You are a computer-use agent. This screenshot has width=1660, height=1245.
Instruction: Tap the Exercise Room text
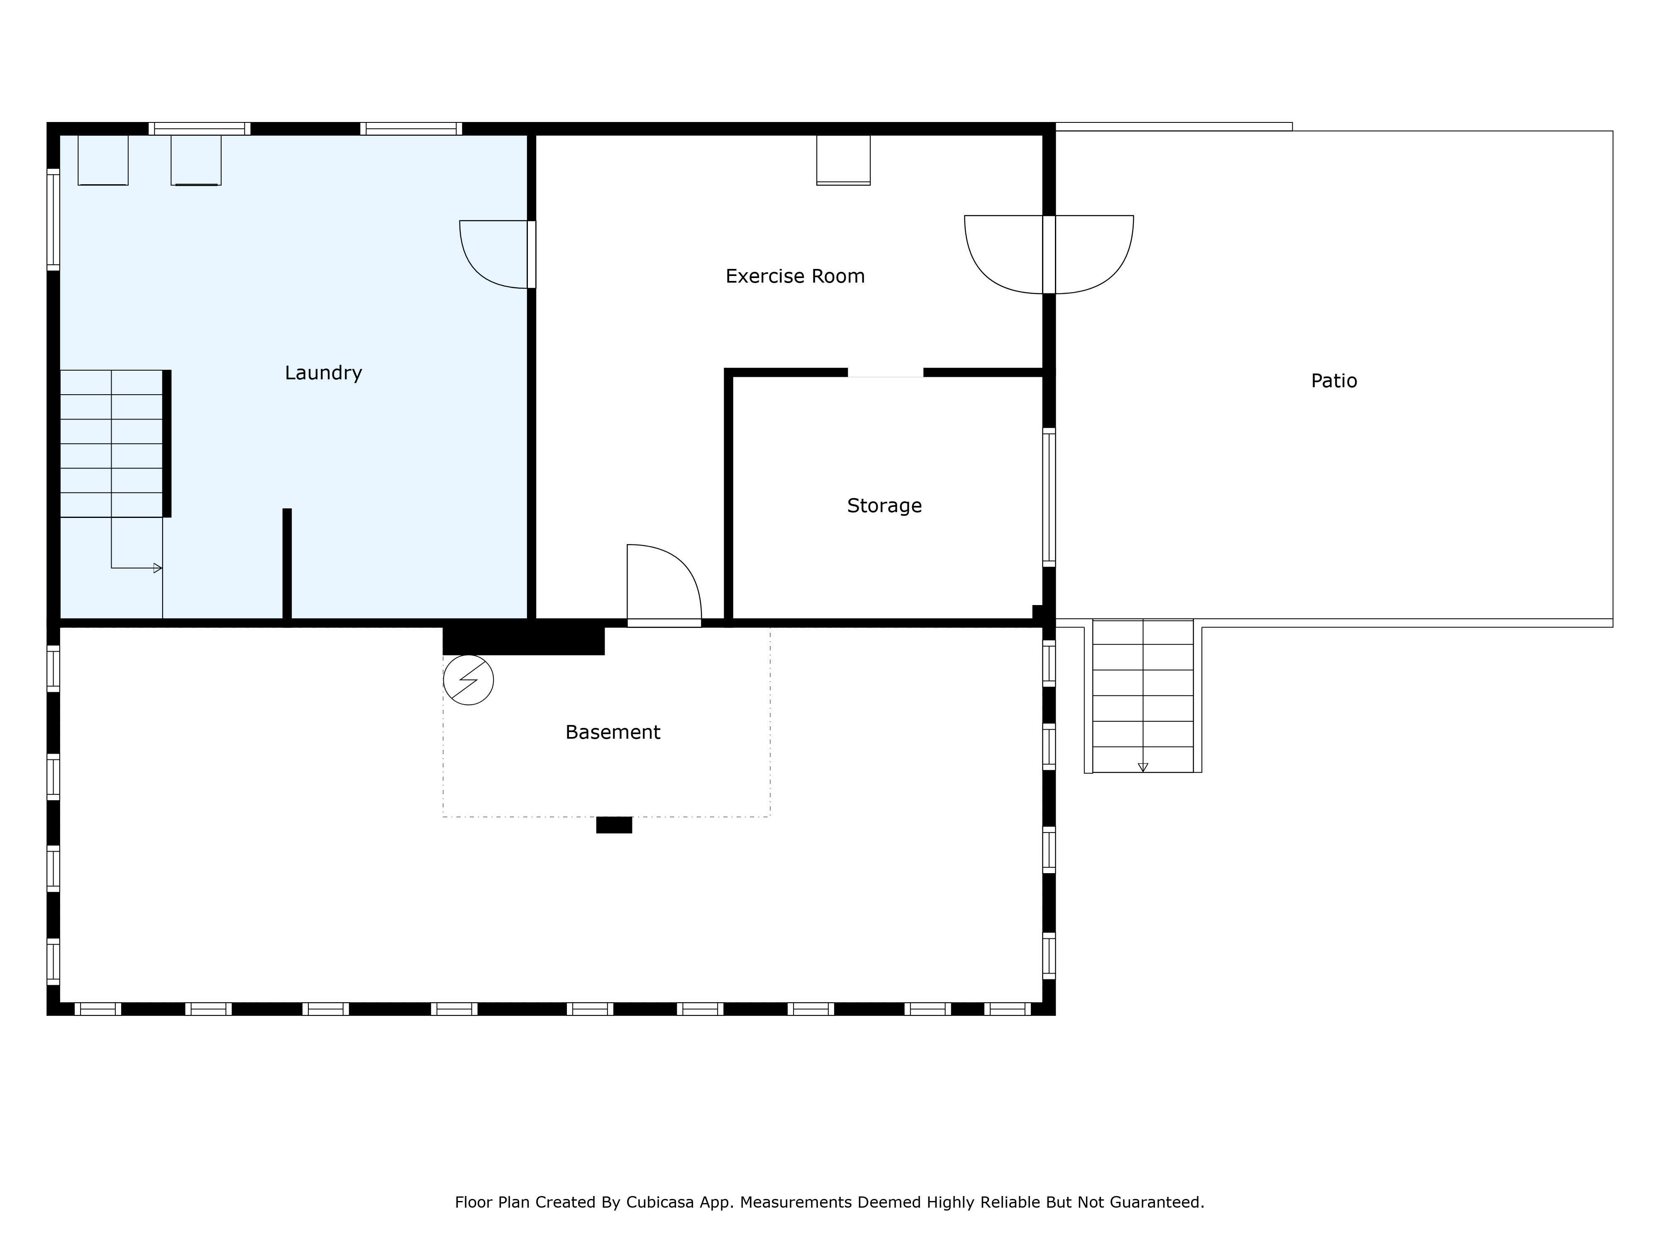pos(795,276)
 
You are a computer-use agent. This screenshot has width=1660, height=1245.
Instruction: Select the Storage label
pos(884,506)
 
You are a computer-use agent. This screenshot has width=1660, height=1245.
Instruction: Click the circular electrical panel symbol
pos(468,680)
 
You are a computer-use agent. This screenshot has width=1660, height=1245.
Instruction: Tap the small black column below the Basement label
pos(614,825)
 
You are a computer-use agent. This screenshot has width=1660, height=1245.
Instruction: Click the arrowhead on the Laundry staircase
pos(158,568)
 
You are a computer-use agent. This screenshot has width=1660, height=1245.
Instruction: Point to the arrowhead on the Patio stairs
pos(1143,767)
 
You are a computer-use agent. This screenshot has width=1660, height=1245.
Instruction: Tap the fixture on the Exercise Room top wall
pos(844,160)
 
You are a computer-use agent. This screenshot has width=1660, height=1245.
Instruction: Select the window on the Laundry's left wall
pos(53,219)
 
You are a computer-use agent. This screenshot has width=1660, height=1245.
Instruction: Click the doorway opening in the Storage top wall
pos(886,372)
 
